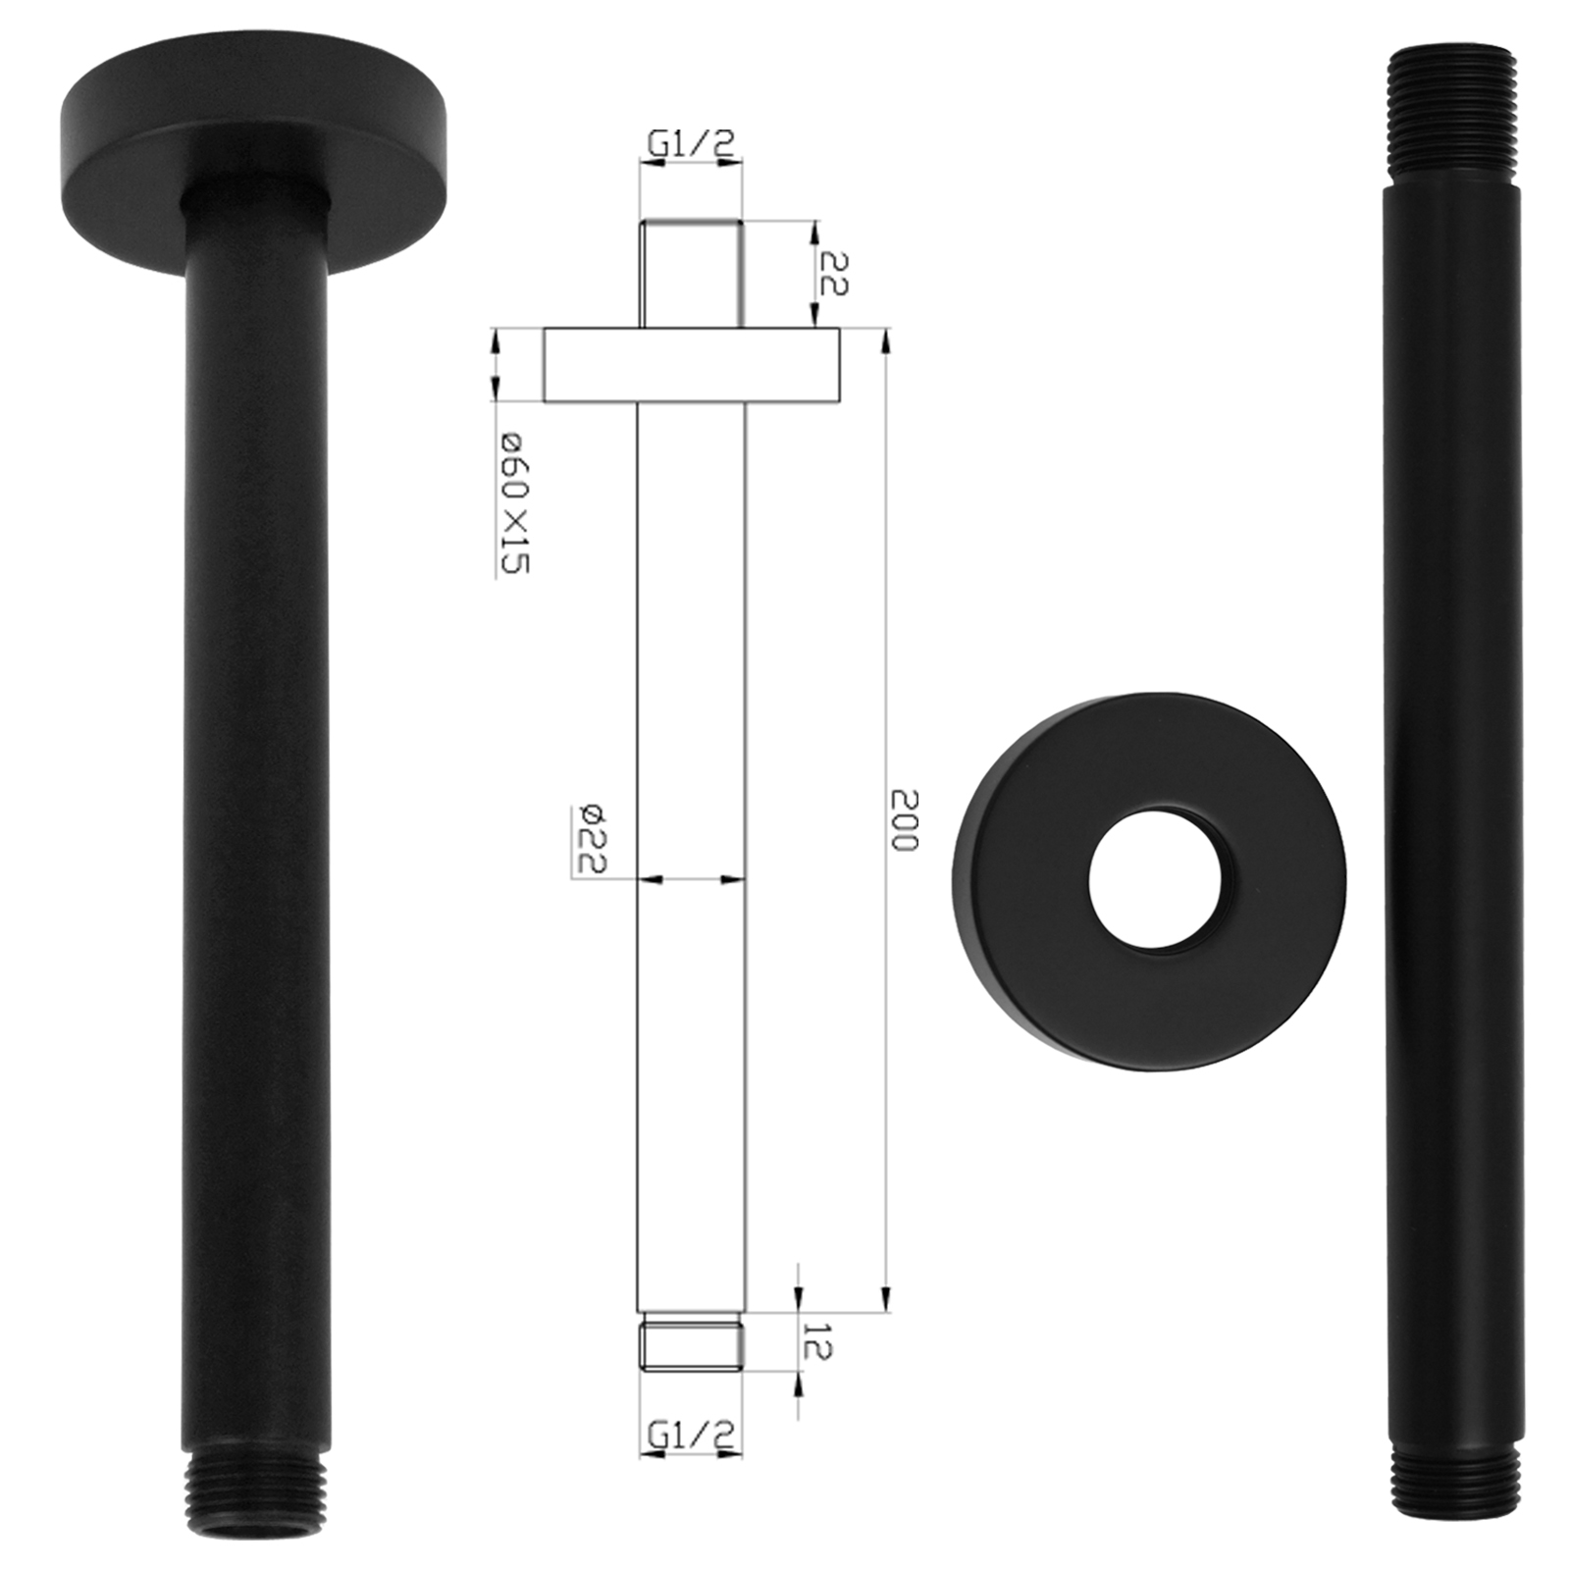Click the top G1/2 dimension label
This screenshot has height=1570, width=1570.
(690, 145)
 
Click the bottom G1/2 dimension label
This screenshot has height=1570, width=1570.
(690, 1436)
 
